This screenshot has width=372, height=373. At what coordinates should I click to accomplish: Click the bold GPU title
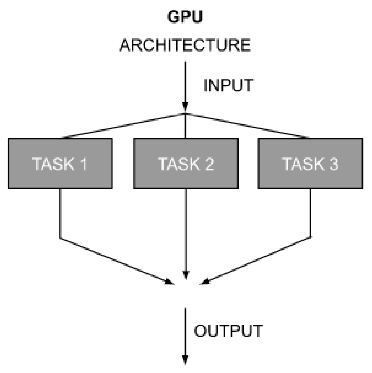pos(185,17)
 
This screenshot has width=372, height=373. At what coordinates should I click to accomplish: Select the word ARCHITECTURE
pos(185,45)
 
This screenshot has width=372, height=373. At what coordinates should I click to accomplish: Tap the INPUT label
pos(228,85)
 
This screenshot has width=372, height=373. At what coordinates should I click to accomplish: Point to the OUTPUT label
pos(228,331)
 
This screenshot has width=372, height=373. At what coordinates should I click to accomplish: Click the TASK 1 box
pos(60,164)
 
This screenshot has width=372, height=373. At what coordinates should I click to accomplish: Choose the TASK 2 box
pos(186,164)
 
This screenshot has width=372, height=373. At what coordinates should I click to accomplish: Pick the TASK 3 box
pos(310,164)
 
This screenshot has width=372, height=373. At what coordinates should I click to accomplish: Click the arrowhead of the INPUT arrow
pos(185,106)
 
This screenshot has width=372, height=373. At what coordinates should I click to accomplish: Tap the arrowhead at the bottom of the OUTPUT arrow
pos(185,360)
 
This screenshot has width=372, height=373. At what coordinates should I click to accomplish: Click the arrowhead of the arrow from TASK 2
pos(185,276)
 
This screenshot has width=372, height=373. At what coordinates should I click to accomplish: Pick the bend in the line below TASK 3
pos(310,236)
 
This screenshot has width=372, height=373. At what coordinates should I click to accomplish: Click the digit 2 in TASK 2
pos(208,164)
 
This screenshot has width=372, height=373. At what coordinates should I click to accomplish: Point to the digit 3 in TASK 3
pos(333,164)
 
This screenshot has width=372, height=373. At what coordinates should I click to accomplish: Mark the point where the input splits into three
pos(185,114)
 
